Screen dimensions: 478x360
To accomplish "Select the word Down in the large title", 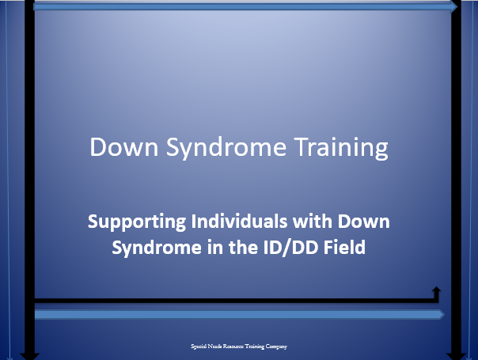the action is [x=124, y=147].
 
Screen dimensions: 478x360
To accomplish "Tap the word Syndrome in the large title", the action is [x=226, y=148].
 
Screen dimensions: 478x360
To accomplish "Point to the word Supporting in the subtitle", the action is [x=137, y=222].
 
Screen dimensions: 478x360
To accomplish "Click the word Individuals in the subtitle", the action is [x=239, y=221].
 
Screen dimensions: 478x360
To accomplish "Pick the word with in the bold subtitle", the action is [x=313, y=221].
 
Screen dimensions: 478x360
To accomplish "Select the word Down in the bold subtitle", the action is [x=364, y=222].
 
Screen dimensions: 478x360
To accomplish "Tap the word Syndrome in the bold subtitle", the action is [x=157, y=248].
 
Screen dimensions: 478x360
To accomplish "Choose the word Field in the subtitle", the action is [x=344, y=247].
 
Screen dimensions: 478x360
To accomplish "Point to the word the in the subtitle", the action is [x=243, y=247].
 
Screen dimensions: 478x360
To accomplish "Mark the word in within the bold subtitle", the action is [x=214, y=247].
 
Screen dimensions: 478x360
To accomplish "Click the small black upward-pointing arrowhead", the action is [x=437, y=290].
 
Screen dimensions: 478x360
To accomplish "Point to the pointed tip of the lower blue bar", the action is [x=444, y=314].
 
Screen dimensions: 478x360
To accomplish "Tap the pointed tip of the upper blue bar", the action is [x=457, y=6].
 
